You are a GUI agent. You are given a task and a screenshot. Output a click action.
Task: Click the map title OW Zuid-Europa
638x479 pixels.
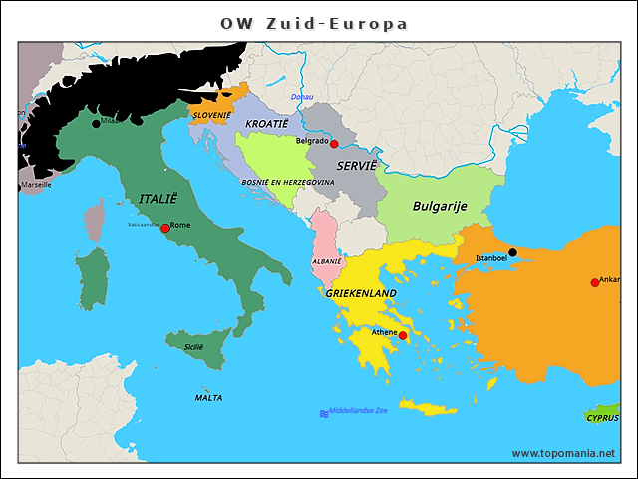(314, 23)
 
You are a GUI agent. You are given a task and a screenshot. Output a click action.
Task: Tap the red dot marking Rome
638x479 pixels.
(165, 228)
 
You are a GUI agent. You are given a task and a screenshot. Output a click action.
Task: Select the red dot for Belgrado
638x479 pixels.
(335, 144)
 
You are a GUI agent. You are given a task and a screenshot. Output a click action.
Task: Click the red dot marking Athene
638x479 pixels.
(403, 336)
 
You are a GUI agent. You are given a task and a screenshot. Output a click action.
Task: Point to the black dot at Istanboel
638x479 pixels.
(513, 252)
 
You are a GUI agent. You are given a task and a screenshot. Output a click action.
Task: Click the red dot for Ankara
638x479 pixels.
(595, 283)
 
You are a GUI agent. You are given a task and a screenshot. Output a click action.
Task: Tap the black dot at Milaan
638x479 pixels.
(97, 123)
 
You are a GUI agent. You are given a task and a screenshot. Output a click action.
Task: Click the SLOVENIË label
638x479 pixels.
(211, 115)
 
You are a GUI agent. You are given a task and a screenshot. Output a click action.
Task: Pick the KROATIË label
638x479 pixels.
(266, 123)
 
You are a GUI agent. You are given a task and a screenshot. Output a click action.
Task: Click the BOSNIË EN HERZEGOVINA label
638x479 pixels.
(288, 183)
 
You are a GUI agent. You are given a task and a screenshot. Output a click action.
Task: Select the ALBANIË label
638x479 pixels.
(327, 260)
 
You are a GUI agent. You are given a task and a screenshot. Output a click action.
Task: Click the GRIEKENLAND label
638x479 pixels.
(360, 293)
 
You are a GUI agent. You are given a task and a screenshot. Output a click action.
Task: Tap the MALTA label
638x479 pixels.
(208, 397)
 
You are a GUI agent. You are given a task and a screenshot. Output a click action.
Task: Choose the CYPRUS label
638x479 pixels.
(602, 418)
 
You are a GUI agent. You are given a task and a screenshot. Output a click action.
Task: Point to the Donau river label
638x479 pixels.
(301, 97)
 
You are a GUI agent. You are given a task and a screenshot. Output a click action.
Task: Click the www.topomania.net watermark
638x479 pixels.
(563, 453)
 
